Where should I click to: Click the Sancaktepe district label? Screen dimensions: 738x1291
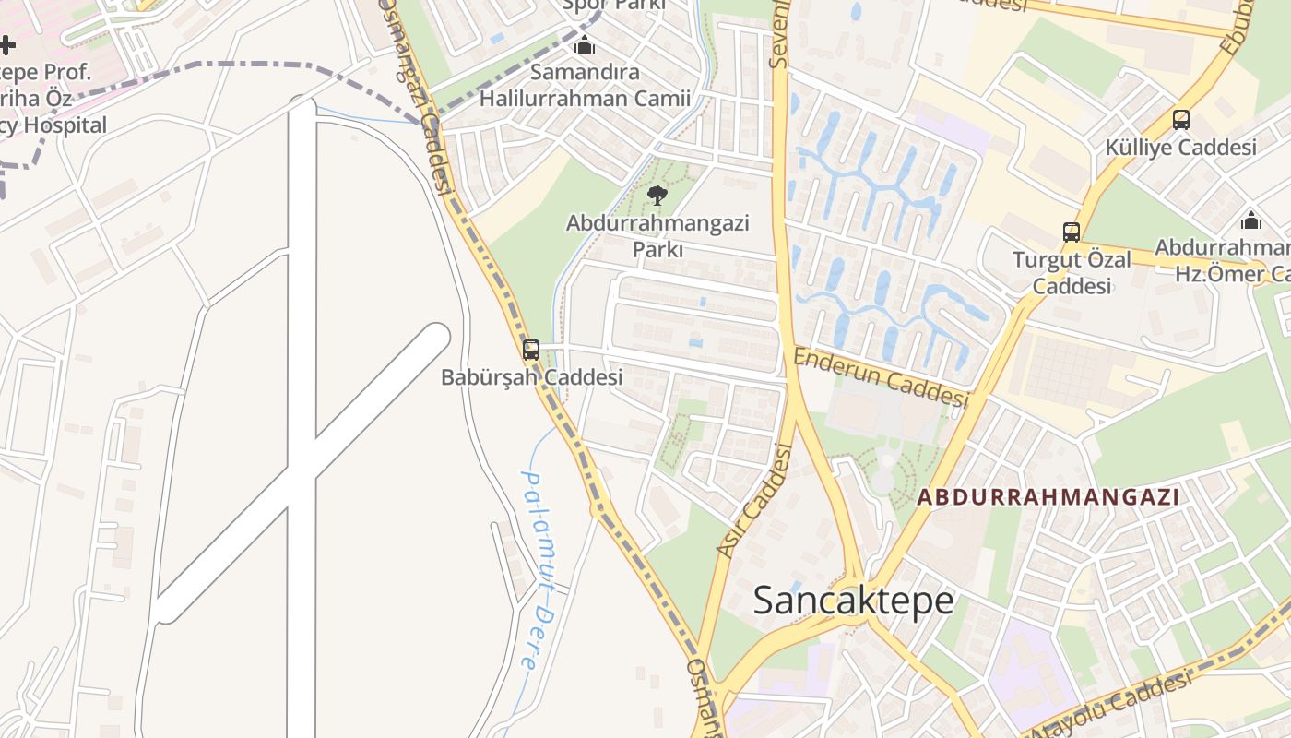(853, 601)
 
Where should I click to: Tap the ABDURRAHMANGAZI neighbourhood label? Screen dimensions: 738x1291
(1048, 496)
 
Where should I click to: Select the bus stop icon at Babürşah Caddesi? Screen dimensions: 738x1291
(530, 350)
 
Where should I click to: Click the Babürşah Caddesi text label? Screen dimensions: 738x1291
(531, 377)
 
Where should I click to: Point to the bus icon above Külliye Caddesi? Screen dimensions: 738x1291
(1180, 120)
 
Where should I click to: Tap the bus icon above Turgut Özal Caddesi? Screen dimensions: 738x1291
(1071, 232)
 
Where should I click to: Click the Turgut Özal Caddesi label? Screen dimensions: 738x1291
(1072, 273)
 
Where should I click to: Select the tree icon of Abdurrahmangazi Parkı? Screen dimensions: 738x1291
(657, 195)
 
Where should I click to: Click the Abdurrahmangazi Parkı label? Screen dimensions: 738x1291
(657, 236)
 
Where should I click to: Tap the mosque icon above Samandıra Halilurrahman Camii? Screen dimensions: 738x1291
(585, 45)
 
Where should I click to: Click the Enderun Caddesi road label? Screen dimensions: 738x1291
(881, 377)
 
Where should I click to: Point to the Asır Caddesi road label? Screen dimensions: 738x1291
(755, 501)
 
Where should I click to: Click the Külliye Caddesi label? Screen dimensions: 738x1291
(1180, 148)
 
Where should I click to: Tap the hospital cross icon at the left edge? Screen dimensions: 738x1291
(6, 44)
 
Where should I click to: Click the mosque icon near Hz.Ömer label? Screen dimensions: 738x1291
(1250, 220)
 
